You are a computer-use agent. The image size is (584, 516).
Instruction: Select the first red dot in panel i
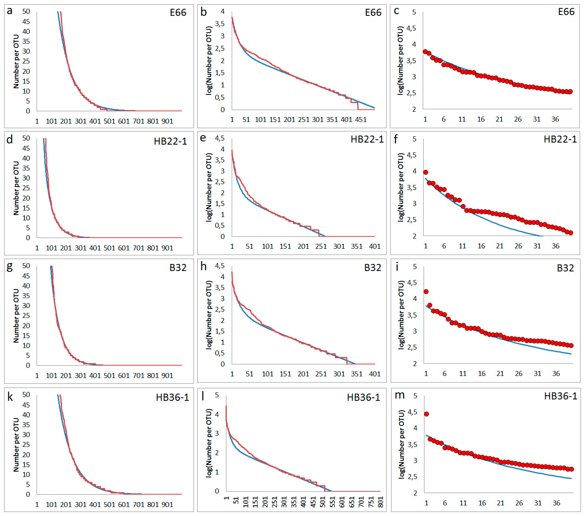(426, 291)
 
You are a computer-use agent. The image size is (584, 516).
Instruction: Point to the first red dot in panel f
(425, 172)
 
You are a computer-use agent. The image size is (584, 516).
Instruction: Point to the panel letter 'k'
(10, 397)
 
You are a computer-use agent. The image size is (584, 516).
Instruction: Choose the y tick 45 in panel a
(26, 22)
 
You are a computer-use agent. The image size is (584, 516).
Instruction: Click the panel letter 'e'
(203, 138)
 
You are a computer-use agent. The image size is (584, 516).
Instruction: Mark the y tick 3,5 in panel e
(220, 160)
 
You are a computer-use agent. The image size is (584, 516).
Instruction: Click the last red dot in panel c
(570, 91)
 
